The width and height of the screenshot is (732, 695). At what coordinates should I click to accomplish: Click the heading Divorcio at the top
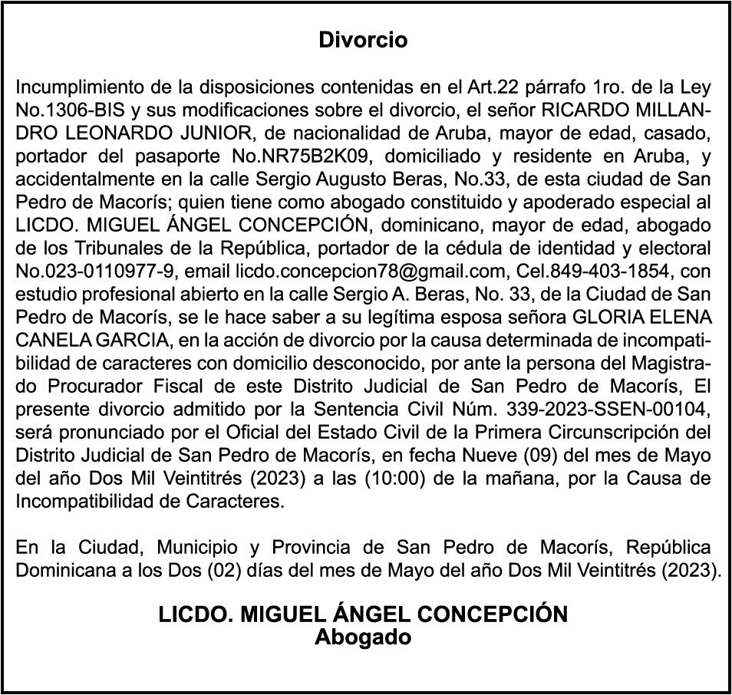coord(363,40)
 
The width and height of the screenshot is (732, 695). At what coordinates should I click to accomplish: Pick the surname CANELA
coord(48,341)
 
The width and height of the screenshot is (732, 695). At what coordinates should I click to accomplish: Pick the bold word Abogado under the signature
coord(363,637)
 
